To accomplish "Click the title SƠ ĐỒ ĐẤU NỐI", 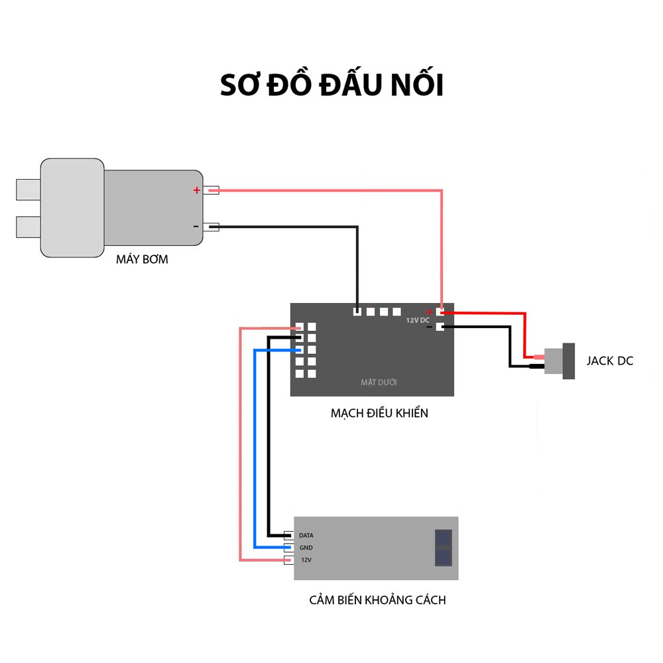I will (x=331, y=86).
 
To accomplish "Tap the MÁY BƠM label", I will (x=142, y=259).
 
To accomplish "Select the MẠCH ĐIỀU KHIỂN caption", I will (x=379, y=413).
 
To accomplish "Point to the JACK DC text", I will (x=609, y=361).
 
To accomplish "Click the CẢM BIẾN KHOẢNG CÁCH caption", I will (x=377, y=600).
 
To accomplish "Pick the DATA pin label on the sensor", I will (x=306, y=535).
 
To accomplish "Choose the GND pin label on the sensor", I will (x=306, y=548).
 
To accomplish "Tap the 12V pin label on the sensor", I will (x=306, y=560).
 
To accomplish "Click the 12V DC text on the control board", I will (x=418, y=320).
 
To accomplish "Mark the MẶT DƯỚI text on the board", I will (x=379, y=383).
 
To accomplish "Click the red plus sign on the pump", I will (x=196, y=190).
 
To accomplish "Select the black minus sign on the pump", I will (x=196, y=227).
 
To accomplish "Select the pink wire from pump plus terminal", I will (x=331, y=191).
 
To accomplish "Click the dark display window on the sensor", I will (x=443, y=548).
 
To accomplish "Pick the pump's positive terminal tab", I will (x=211, y=190).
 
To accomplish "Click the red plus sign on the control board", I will (x=430, y=312).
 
